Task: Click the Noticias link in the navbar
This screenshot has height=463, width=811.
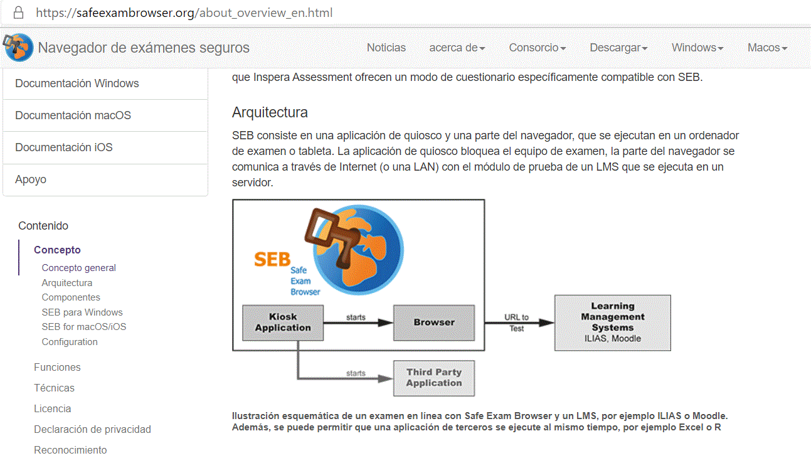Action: (386, 48)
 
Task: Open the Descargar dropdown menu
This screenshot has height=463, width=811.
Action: (618, 48)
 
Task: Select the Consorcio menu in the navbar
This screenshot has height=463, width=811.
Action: (538, 48)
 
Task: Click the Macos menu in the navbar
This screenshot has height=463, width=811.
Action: (766, 48)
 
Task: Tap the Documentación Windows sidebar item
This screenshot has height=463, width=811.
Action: (77, 83)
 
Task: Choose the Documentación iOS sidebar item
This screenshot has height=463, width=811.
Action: (64, 147)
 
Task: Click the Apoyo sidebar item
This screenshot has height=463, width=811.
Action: (31, 179)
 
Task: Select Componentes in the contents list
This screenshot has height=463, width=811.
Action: (71, 297)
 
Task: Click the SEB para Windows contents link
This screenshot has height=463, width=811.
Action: (82, 312)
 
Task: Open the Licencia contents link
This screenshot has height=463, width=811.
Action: (52, 408)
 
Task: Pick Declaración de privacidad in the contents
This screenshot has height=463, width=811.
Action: (92, 429)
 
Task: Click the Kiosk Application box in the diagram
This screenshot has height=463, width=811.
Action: (283, 322)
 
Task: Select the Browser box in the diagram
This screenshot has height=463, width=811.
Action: (434, 322)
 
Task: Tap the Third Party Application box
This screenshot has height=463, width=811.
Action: (434, 378)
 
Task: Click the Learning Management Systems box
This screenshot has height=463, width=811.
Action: (613, 322)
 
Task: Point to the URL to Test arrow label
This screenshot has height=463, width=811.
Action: (516, 322)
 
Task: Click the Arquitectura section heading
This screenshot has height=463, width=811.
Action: (270, 113)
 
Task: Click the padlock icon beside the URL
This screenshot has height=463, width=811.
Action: (18, 13)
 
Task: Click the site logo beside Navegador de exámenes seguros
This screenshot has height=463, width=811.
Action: (19, 48)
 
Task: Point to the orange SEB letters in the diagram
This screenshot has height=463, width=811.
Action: (272, 259)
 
